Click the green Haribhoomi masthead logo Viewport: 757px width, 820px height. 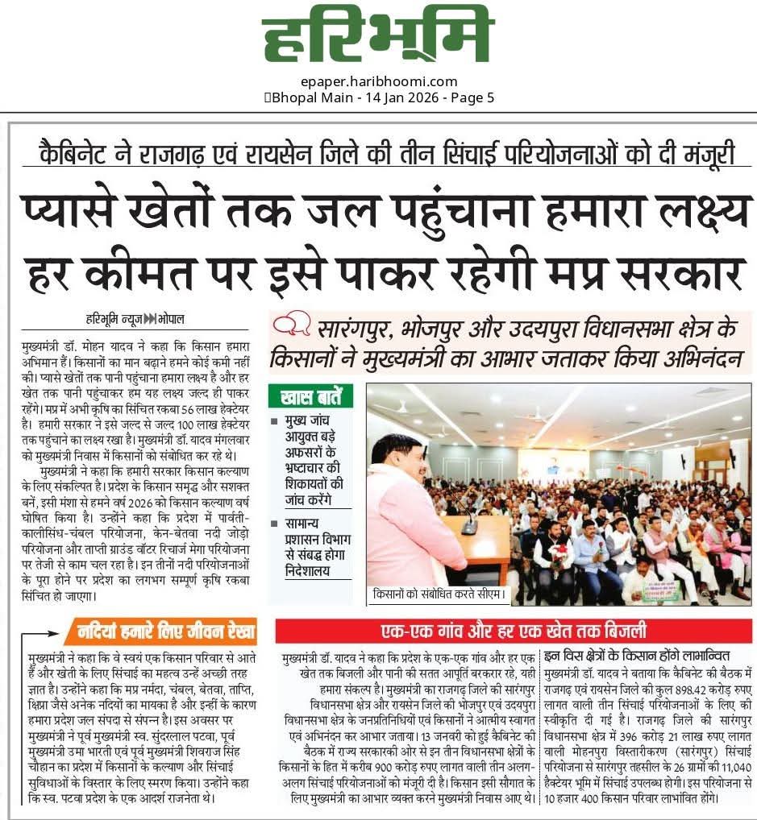pos(377,39)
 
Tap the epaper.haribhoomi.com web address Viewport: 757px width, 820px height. pos(377,81)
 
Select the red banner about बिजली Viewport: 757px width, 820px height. pos(514,631)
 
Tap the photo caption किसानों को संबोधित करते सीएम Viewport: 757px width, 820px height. pos(438,596)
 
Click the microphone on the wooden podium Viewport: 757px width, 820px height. pos(469,528)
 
